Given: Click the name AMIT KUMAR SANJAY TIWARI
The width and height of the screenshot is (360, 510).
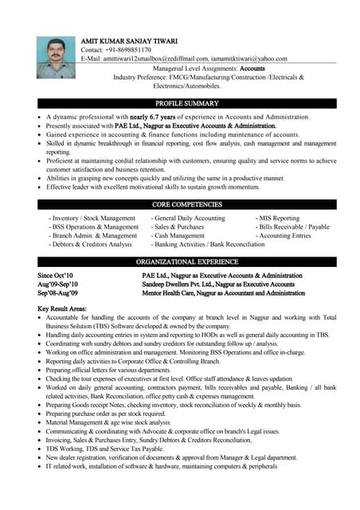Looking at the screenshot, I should (x=129, y=41).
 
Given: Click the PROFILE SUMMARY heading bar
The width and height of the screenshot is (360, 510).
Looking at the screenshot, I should (x=187, y=104).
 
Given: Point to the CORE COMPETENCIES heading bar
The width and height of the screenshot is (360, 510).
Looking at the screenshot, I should (x=187, y=205).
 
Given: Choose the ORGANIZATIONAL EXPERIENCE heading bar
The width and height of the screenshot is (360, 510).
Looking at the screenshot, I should (x=187, y=261).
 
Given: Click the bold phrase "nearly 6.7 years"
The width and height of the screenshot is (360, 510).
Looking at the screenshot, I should (x=174, y=116).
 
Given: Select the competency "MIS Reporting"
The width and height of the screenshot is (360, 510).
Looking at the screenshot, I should (x=278, y=218).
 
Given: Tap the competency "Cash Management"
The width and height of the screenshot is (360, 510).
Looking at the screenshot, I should (x=180, y=236).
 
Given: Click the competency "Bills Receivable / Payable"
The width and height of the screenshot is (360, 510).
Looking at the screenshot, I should (x=295, y=227).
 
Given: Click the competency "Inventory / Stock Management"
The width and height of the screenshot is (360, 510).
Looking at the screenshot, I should (x=94, y=218).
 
